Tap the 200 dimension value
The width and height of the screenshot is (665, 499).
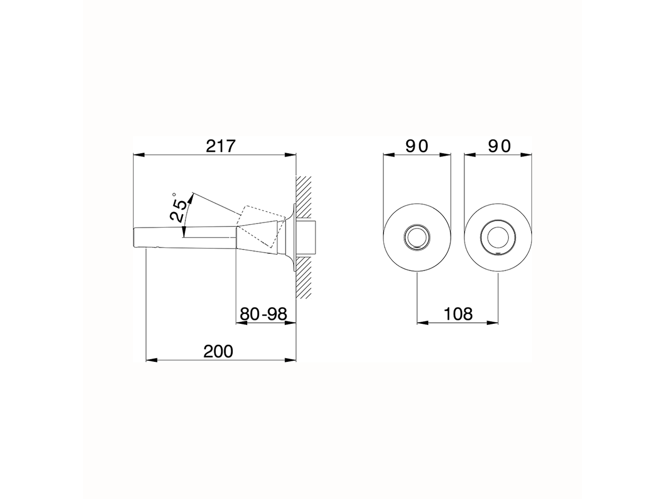tap(218, 352)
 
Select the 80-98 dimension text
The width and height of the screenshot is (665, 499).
tap(263, 314)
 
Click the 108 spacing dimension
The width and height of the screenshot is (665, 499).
tap(458, 314)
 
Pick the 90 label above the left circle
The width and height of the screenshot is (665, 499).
tap(417, 146)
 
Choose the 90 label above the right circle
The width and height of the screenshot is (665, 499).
tap(499, 146)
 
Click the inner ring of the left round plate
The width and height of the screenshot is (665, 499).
tap(417, 238)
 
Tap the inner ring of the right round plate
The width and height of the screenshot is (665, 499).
tap(499, 238)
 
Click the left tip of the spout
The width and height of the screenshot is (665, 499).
tap(136, 238)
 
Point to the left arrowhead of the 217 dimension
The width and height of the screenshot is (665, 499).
tap(138, 154)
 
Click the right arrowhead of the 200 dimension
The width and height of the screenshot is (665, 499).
tap(291, 360)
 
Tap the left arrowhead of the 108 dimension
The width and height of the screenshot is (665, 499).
tap(421, 323)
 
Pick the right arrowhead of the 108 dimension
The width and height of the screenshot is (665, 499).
tap(494, 323)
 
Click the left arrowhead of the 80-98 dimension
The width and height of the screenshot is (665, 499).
tap(241, 323)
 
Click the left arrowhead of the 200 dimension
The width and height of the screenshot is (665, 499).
tap(151, 360)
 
